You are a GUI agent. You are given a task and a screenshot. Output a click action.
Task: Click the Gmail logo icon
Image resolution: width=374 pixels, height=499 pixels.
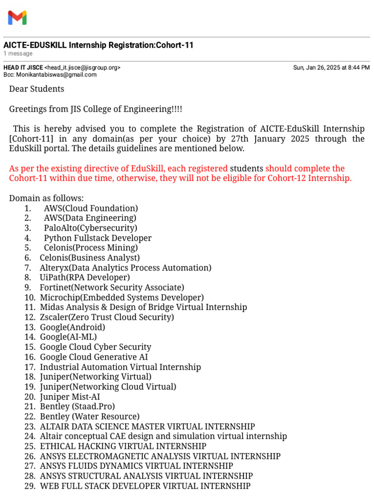click(17, 18)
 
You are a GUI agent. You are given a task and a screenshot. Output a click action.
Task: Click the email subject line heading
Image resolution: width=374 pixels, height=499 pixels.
click(98, 45)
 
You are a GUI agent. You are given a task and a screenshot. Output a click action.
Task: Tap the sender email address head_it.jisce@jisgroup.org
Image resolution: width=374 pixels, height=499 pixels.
click(83, 68)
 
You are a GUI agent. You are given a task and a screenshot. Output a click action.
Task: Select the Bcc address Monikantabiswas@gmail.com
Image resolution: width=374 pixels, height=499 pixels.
click(56, 75)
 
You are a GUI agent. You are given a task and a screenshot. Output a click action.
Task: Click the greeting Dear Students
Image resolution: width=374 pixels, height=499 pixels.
click(37, 89)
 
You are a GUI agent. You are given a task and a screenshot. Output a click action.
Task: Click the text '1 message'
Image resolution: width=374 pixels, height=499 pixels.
click(18, 54)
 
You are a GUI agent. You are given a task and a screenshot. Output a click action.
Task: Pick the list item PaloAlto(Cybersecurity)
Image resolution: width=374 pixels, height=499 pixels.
click(90, 228)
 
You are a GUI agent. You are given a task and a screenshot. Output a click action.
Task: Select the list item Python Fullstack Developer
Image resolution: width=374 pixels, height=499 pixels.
click(97, 238)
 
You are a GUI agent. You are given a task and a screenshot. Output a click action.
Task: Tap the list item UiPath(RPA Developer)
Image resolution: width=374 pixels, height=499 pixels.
click(85, 277)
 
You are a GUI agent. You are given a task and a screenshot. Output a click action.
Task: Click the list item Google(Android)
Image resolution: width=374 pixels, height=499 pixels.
click(72, 327)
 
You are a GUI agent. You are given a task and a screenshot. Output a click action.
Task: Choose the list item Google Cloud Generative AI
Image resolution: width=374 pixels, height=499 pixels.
click(93, 357)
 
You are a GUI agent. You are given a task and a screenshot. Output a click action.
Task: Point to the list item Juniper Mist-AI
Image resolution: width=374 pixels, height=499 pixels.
click(70, 397)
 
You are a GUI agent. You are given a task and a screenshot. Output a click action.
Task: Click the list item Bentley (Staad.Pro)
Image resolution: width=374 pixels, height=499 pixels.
click(77, 406)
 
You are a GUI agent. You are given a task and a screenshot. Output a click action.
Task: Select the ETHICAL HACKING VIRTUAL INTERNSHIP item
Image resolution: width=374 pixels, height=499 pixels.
click(123, 446)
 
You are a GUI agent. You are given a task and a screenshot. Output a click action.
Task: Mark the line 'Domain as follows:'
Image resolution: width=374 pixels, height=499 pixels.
click(46, 198)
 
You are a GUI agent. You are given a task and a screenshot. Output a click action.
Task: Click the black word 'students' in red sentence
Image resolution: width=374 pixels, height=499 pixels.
click(246, 168)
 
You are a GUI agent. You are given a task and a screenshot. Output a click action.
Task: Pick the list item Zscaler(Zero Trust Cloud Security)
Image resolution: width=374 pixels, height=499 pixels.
click(107, 317)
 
